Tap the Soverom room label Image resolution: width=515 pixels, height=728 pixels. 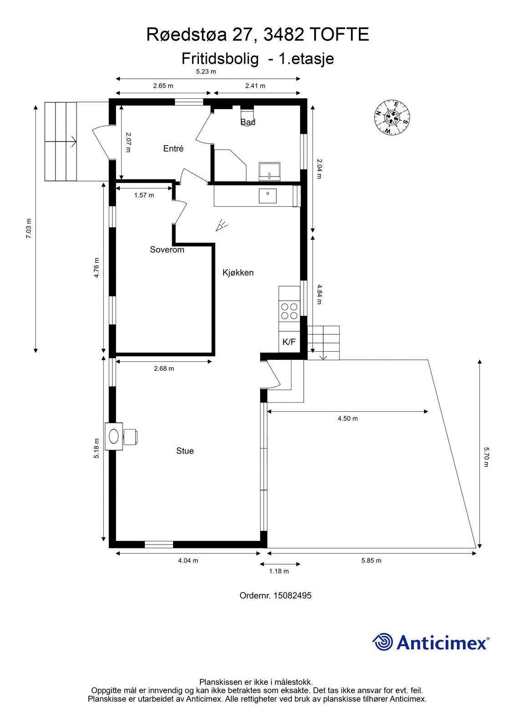[167, 250]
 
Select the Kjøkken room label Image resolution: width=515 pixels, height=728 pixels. [238, 273]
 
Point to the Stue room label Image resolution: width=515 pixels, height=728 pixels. [185, 451]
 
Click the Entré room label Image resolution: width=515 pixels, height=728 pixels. [173, 148]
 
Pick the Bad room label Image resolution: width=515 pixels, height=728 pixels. [248, 122]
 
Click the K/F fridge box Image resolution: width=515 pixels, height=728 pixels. [289, 342]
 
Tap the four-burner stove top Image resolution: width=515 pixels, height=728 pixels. [289, 311]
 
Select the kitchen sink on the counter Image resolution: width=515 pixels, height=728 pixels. [268, 196]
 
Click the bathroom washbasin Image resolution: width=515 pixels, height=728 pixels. [270, 172]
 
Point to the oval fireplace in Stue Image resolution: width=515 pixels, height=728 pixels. [113, 436]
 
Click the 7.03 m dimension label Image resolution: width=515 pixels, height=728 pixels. [29, 228]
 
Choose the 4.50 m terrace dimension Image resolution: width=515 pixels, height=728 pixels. [347, 419]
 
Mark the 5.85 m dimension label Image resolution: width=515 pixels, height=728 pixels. [371, 561]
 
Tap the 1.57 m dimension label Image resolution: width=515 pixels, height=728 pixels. [144, 195]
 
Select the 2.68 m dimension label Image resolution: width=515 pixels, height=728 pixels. [164, 369]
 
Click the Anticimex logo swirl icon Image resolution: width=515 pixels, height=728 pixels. [382, 642]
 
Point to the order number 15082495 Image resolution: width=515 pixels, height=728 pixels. [292, 596]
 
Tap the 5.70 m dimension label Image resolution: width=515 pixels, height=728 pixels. [486, 457]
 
